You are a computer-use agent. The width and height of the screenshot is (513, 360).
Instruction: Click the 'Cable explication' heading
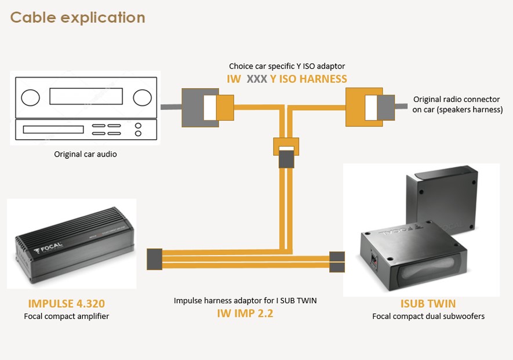[x=78, y=17]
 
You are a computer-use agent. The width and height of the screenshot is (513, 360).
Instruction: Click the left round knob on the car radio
[x=30, y=97]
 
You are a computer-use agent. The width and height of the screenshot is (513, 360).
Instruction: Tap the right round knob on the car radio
[x=143, y=97]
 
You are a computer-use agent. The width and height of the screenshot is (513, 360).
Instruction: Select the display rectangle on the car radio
[x=86, y=96]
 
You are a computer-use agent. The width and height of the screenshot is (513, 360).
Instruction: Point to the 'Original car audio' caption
[x=85, y=154]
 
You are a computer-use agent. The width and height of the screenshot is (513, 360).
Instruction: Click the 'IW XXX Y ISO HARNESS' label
[x=287, y=79]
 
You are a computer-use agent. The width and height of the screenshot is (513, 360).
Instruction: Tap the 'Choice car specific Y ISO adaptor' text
[x=287, y=66]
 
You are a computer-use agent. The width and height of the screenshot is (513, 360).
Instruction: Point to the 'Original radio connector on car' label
[x=457, y=104]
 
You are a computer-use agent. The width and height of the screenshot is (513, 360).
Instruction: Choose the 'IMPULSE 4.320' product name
[x=67, y=303]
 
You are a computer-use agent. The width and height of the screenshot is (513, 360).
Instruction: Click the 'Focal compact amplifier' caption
[x=67, y=316]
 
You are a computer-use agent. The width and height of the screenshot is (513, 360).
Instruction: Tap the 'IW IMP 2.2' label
[x=245, y=313]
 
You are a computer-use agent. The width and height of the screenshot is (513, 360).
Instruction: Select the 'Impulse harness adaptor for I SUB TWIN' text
[x=245, y=300]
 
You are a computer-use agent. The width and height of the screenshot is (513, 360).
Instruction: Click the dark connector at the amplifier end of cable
[x=154, y=259]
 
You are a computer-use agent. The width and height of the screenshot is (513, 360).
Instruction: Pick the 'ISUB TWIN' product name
[x=428, y=303]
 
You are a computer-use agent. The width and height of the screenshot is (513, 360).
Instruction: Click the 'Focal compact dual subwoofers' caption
[x=428, y=316]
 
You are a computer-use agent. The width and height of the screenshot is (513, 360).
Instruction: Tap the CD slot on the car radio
[x=53, y=130]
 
